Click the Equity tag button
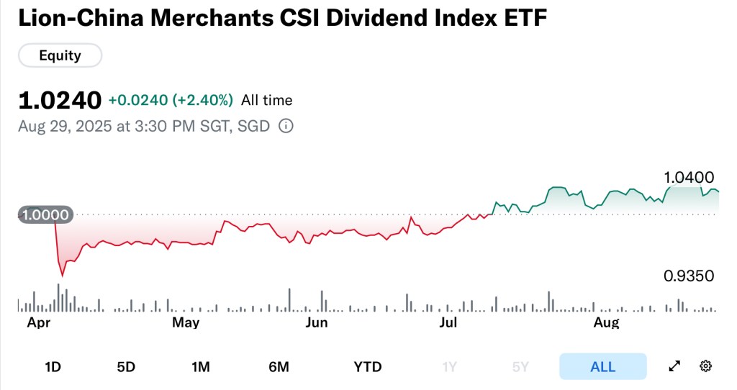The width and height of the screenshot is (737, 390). coord(60,55)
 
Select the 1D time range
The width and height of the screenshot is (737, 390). coord(53,367)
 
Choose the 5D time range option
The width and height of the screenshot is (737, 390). coord(126,367)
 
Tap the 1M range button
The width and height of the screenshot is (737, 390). coord(201,367)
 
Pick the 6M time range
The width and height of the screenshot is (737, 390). coord(279,367)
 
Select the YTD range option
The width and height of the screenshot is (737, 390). coord(368,367)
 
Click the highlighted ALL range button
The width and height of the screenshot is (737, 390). coord(602,367)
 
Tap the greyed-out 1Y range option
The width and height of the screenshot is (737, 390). coord(450,367)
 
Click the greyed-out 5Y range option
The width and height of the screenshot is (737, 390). coord(520,367)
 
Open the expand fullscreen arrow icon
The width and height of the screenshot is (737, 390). coord(674,366)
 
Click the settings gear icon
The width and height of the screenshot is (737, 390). coord(705,366)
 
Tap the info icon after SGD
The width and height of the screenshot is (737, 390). coord(286,127)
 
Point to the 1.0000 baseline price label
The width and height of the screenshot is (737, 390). coord(45,214)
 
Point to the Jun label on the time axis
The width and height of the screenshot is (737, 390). coord(317,323)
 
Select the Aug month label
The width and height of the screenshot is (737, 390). coord(607,323)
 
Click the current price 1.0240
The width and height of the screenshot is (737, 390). coord(59,100)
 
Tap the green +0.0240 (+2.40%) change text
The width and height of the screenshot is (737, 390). coord(171,100)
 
